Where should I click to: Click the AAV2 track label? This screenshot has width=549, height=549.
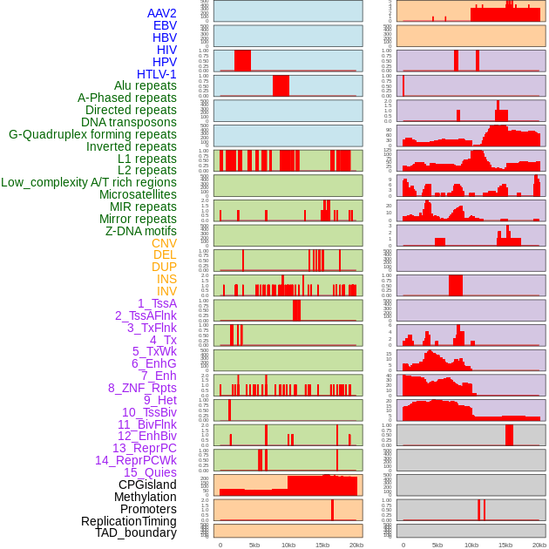pyautogui.click(x=161, y=13)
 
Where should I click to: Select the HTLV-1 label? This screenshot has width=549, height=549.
pyautogui.click(x=156, y=74)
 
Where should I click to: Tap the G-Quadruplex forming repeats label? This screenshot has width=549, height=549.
pyautogui.click(x=92, y=134)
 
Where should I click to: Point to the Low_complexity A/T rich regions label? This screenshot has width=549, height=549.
pyautogui.click(x=89, y=182)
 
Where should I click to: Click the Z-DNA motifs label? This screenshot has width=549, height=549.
pyautogui.click(x=140, y=231)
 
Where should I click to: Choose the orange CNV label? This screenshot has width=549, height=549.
pyautogui.click(x=164, y=243)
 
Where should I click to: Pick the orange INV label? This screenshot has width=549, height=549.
pyautogui.click(x=166, y=291)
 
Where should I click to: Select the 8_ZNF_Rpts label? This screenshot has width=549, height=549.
pyautogui.click(x=142, y=388)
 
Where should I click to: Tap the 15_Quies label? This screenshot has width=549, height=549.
pyautogui.click(x=150, y=472)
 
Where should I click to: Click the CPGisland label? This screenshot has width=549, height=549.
pyautogui.click(x=147, y=485)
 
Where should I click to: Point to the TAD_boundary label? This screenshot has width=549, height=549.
pyautogui.click(x=136, y=532)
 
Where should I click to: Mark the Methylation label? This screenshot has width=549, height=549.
pyautogui.click(x=145, y=497)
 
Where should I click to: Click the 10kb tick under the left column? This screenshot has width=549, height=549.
pyautogui.click(x=288, y=545)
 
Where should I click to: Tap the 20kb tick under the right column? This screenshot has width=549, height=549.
pyautogui.click(x=539, y=545)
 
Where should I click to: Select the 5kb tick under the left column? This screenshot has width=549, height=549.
pyautogui.click(x=254, y=545)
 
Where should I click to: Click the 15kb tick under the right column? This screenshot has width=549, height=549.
pyautogui.click(x=505, y=545)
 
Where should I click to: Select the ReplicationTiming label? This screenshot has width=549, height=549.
pyautogui.click(x=129, y=521)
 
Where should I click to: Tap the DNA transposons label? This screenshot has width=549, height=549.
pyautogui.click(x=129, y=122)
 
